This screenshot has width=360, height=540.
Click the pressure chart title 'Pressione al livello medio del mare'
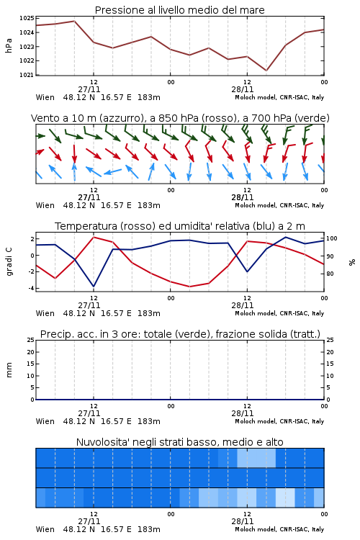tap(179, 10)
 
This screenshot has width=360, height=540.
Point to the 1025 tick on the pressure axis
tap(27, 18)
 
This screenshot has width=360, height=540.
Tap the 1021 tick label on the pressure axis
tap(27, 75)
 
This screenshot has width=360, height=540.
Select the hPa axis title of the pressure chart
tap(9, 45)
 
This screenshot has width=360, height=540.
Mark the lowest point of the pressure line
tap(266, 71)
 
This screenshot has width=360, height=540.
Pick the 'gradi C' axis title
tap(9, 261)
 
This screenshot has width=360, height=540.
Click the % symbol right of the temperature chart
tap(352, 262)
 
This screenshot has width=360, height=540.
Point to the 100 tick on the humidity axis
tap(332, 238)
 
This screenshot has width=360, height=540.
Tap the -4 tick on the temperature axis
tap(31, 288)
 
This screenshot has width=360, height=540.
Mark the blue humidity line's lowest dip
tap(94, 287)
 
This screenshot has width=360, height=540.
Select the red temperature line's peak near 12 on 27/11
tap(94, 237)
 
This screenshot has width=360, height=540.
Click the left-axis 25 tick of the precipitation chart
tap(31, 340)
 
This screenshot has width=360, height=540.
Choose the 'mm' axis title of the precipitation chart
tap(9, 370)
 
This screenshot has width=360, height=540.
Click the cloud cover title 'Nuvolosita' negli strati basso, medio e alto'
tap(179, 442)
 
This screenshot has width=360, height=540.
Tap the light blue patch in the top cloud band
tap(256, 458)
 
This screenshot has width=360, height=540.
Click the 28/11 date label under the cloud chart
tap(242, 521)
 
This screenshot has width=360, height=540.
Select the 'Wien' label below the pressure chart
tap(45, 97)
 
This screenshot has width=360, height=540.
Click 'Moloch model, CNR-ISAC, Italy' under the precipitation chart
tap(279, 421)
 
